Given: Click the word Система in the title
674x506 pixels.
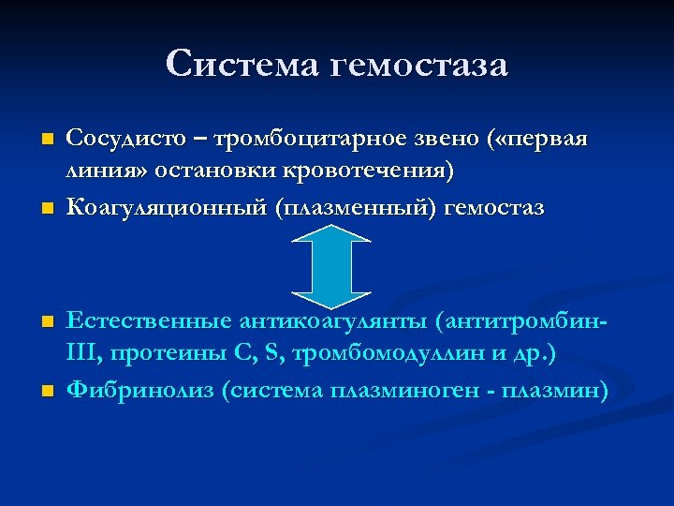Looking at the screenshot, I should click(241, 65).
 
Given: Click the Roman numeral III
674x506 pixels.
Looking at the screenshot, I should click(83, 353).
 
